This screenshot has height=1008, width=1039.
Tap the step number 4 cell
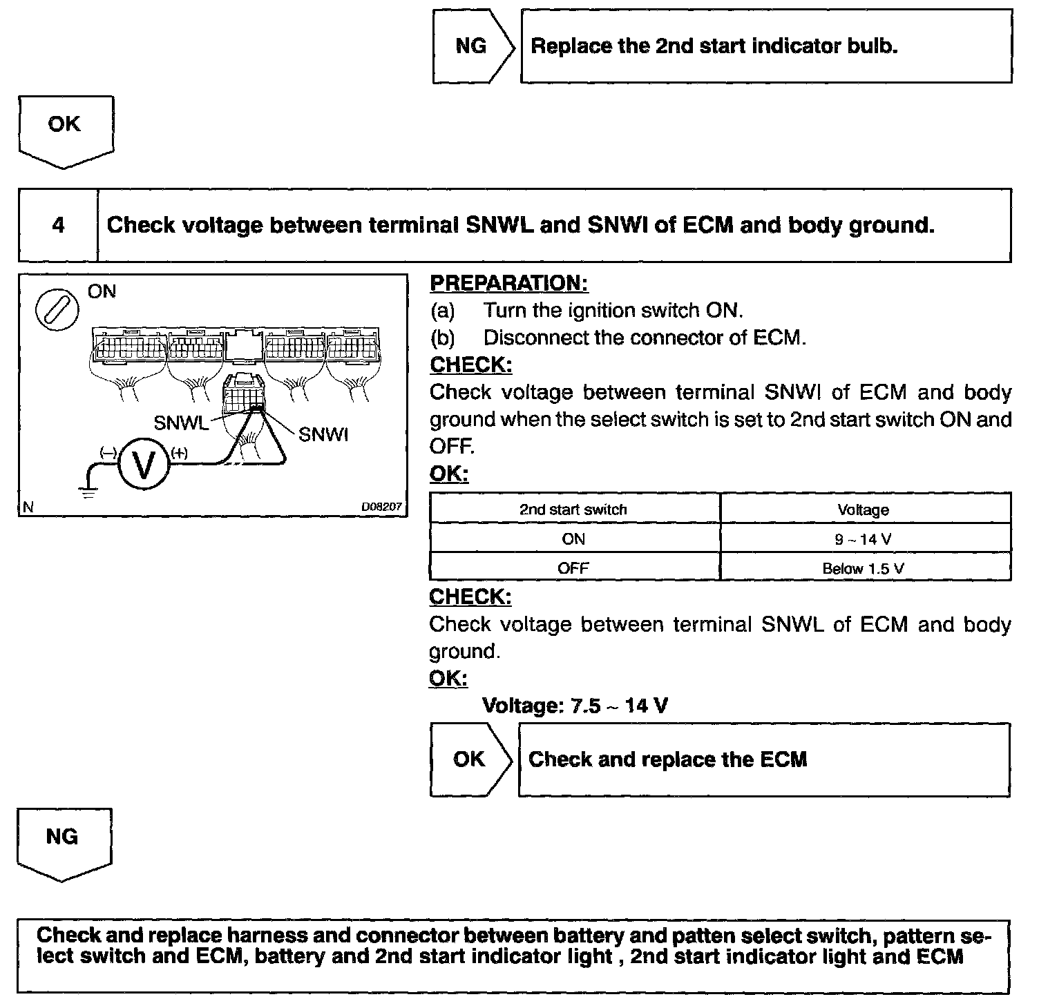coord(58,225)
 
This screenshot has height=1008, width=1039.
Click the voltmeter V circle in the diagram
coord(144,465)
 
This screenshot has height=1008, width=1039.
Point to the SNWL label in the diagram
coord(180,423)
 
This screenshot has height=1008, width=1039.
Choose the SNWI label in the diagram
coord(323,434)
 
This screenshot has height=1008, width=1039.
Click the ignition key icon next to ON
coord(57,309)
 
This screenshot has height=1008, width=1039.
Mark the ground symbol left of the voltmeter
coord(87,492)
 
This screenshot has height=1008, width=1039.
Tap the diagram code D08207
coord(381,507)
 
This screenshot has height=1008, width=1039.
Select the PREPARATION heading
coord(509,283)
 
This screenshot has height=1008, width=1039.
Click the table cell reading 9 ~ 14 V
coord(864,539)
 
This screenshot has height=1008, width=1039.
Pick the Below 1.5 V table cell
coord(864,569)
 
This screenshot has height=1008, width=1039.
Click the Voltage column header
coord(864,510)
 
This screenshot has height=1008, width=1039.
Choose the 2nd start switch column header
coord(573,510)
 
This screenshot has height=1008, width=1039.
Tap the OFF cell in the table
coord(573,569)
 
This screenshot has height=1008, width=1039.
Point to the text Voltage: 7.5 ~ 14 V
coord(575,706)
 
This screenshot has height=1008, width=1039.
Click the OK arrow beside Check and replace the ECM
coord(470,759)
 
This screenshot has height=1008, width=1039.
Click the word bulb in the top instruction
coord(872,46)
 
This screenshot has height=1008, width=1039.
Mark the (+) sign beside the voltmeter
coord(180,453)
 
